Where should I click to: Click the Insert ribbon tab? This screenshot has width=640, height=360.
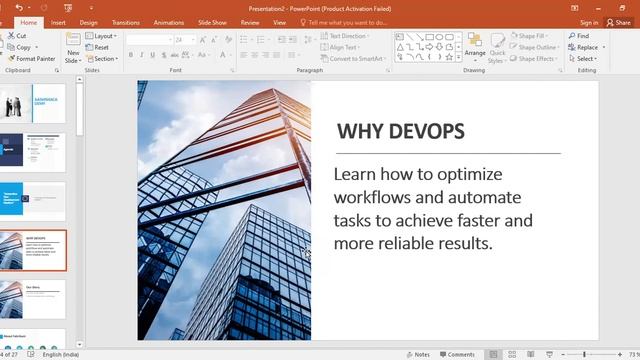(58, 22)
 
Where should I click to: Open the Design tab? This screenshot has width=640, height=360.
(88, 22)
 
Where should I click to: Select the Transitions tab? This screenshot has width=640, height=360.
(126, 22)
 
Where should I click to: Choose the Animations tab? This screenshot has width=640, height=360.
(169, 22)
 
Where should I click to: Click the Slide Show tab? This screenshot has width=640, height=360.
(212, 22)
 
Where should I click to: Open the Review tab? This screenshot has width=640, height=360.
(250, 22)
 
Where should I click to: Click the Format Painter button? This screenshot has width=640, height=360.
(32, 59)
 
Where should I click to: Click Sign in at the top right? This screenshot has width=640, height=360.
(588, 22)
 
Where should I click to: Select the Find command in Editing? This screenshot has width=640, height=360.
(581, 36)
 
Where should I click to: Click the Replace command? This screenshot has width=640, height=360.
(585, 47)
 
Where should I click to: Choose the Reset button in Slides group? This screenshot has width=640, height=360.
(101, 47)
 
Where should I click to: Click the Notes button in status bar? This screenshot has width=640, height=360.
(417, 354)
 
